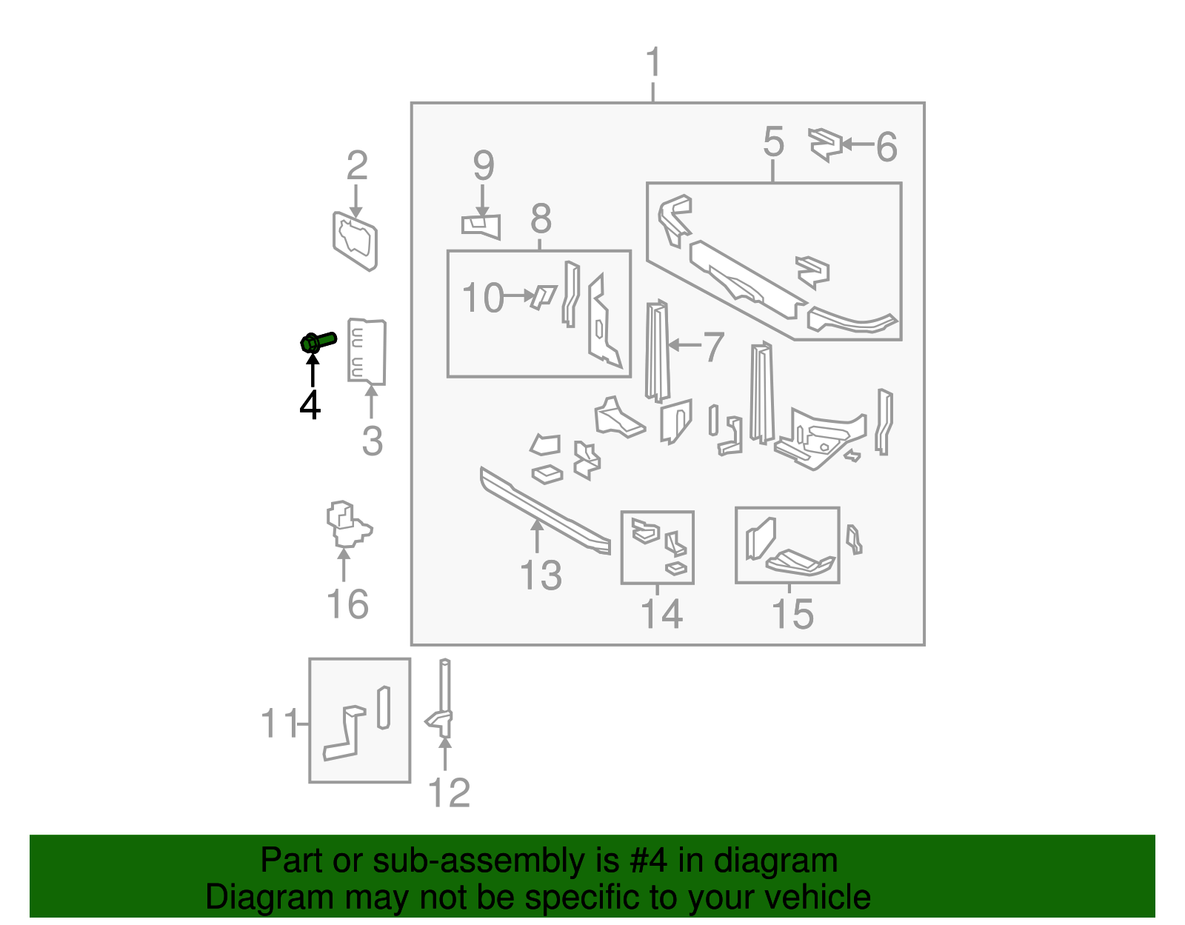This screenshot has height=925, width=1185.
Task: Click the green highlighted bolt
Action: pos(317,342)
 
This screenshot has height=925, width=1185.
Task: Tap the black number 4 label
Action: pos(310,405)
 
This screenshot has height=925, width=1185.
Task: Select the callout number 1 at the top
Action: pos(653,63)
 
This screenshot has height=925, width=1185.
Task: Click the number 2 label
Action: pos(357,166)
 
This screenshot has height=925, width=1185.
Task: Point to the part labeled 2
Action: pos(355,241)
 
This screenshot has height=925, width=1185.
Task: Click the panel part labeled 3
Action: pos(367,351)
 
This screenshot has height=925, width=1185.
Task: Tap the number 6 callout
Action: pos(887,147)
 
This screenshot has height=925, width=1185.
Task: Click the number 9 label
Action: pos(483,166)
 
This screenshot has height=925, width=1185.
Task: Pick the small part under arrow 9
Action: pos(481,225)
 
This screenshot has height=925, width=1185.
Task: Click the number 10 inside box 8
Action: pos(482,298)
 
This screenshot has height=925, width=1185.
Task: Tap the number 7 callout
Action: pos(712,347)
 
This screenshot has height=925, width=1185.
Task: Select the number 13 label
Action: pos(541,575)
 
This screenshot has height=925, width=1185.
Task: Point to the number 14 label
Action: pos(661,614)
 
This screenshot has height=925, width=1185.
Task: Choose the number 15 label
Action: pos(792,614)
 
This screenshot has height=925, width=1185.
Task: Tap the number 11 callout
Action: pos(279,723)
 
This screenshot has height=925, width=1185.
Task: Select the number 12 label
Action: pos(449,793)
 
